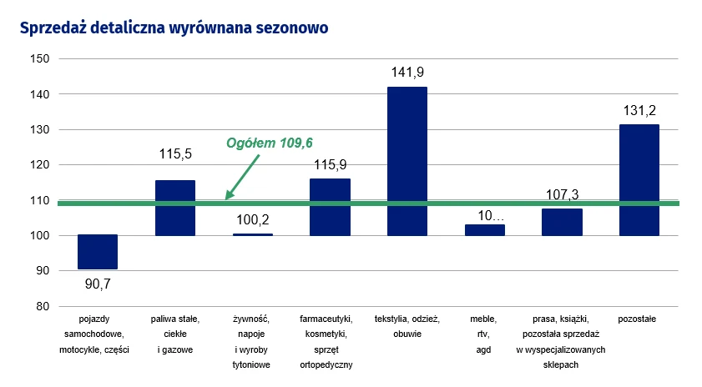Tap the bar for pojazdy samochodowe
[98, 252]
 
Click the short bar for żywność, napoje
[252, 235]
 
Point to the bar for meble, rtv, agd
[485, 230]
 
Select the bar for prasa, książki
[562, 222]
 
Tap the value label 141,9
[407, 73]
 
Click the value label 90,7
[98, 283]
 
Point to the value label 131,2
[639, 111]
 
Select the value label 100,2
[252, 220]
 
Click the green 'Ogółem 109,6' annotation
[275, 143]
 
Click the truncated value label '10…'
[485, 215]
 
